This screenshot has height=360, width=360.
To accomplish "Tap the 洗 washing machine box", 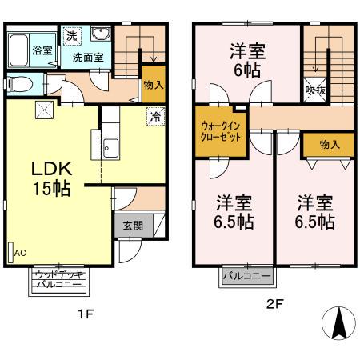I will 71,36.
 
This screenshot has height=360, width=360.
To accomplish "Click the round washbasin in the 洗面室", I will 102,34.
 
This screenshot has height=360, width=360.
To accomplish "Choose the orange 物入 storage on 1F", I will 154,85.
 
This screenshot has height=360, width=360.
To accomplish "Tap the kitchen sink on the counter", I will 110,147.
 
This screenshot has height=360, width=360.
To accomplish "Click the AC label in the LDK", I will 20,253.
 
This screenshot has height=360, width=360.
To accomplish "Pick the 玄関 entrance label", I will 133,226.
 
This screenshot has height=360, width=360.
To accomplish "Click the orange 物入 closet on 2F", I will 328,144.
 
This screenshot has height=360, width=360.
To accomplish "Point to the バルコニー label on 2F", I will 246,276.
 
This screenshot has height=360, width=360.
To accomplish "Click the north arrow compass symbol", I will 338,324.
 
